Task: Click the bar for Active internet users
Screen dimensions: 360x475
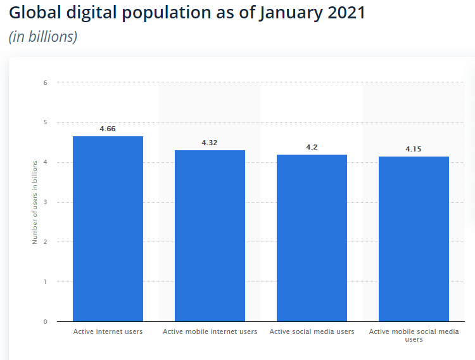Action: [108, 229]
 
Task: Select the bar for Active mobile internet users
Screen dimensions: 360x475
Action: [210, 236]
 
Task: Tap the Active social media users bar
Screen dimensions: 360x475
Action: [312, 238]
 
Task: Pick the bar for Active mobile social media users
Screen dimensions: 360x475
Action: [414, 239]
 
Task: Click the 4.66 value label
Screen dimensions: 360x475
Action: [108, 129]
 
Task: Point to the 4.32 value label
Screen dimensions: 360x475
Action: [210, 143]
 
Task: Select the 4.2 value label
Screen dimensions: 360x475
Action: [312, 147]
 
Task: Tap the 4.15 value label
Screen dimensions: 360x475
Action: [414, 149]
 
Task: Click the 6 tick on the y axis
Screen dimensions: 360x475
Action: [45, 82]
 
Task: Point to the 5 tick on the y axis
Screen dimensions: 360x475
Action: [45, 122]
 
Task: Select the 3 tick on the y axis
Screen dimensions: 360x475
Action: [45, 202]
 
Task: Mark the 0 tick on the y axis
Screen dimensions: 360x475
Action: [45, 321]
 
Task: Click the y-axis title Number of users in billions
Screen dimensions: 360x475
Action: [35, 202]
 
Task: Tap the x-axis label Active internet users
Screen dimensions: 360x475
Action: [108, 331]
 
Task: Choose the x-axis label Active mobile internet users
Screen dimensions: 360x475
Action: [210, 331]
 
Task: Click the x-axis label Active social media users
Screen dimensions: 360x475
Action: [312, 331]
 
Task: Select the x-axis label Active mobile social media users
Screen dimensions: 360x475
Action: [414, 335]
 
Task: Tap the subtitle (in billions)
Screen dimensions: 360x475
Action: [43, 37]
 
